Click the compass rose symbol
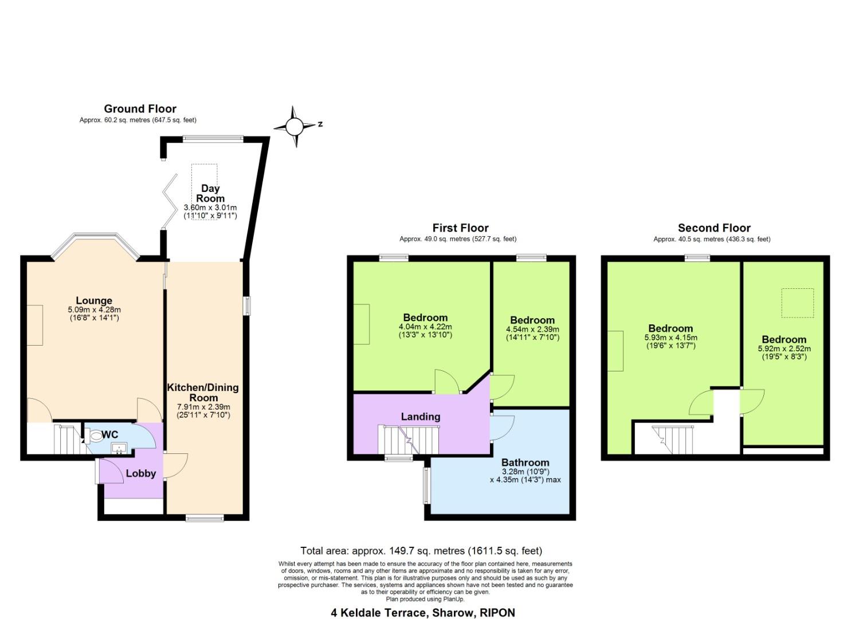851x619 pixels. pyautogui.click(x=295, y=126)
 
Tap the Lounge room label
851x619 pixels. pyautogui.click(x=94, y=300)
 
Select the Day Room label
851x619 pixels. pyautogui.click(x=210, y=193)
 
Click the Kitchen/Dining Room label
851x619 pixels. pyautogui.click(x=203, y=393)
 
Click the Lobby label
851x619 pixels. pyautogui.click(x=140, y=473)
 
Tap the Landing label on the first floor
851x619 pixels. pyautogui.click(x=420, y=417)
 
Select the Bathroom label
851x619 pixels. pyautogui.click(x=525, y=463)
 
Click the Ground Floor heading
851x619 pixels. pyautogui.click(x=140, y=108)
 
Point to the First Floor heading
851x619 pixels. pyautogui.click(x=460, y=228)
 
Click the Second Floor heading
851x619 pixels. pyautogui.click(x=713, y=228)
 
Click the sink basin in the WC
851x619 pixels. pyautogui.click(x=120, y=448)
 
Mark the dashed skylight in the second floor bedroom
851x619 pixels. pyautogui.click(x=798, y=303)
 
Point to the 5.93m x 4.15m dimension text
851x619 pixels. pyautogui.click(x=670, y=338)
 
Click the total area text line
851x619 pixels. pyautogui.click(x=421, y=551)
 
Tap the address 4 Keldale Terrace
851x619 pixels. pyautogui.click(x=423, y=612)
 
